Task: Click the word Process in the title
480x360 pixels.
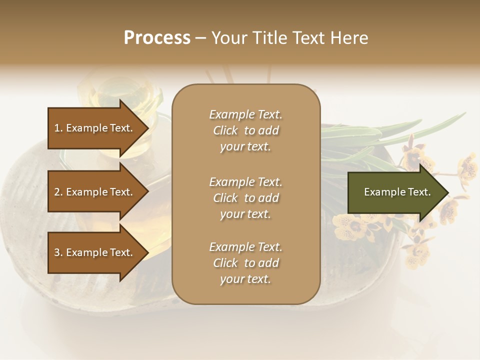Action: tap(157, 38)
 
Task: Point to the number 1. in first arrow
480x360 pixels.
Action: tap(58, 128)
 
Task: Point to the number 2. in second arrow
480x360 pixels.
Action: tap(58, 192)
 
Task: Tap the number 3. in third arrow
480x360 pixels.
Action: tap(58, 252)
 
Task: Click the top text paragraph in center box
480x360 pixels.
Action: tap(245, 130)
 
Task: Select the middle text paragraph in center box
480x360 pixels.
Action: tap(245, 198)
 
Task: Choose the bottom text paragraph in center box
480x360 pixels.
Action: tap(245, 263)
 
